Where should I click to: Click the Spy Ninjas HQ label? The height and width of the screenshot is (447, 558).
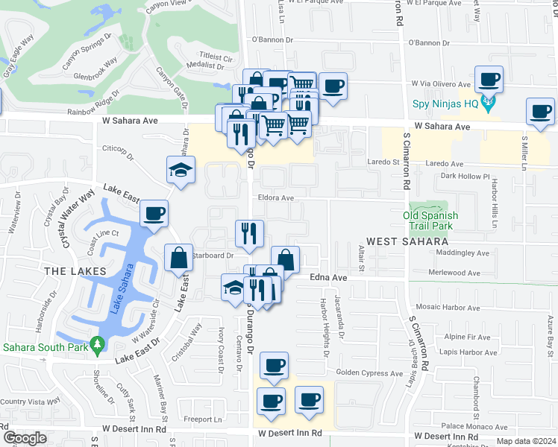point(445,104)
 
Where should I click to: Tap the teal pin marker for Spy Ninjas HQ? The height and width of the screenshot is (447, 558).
point(489,104)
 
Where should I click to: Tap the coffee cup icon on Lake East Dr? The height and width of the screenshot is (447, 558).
point(154,214)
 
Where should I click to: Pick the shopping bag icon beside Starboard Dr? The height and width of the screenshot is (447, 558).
point(179,259)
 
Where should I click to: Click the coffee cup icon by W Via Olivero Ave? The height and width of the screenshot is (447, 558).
point(489,79)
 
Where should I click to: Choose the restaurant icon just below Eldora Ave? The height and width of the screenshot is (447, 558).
point(249,232)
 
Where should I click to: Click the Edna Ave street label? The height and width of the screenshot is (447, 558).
point(329,277)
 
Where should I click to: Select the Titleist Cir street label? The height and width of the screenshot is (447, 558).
point(216,57)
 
